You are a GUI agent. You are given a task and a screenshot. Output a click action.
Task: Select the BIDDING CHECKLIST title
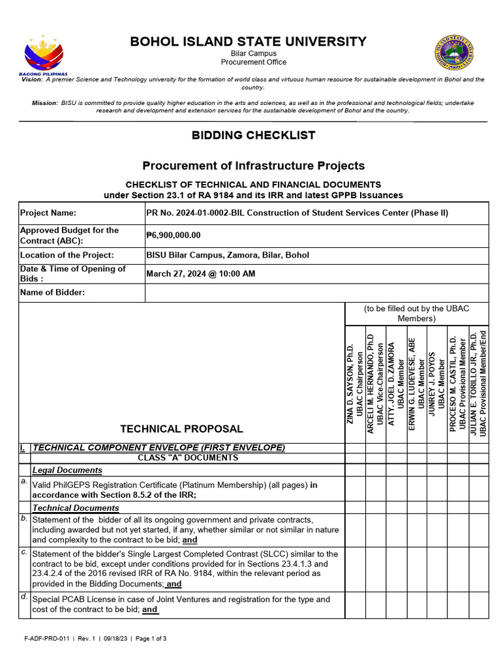click(x=253, y=136)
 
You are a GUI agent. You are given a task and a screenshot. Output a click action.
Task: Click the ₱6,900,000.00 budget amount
click(x=174, y=235)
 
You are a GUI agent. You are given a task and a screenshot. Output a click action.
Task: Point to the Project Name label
click(x=48, y=213)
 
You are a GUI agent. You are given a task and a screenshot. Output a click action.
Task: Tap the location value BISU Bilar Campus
click(x=228, y=255)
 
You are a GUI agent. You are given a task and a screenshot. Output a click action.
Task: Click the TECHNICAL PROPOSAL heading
click(x=181, y=429)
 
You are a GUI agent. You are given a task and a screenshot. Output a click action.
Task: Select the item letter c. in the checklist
click(x=24, y=551)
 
